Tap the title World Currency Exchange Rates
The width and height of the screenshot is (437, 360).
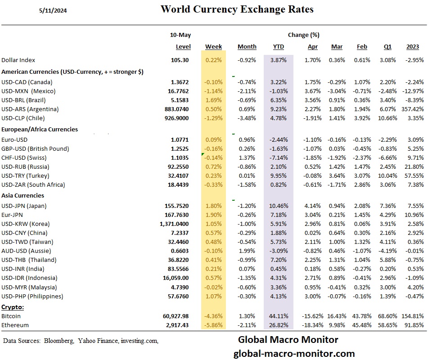tap(237, 9)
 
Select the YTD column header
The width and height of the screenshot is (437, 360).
tap(279, 47)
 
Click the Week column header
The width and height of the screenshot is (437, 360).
tap(213, 47)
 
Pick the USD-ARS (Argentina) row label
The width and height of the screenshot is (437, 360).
tap(30, 109)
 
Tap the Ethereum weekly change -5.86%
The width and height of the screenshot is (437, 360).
tap(213, 325)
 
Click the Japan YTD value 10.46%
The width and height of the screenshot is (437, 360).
tap(279, 206)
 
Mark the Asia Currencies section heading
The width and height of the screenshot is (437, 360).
tap(23, 196)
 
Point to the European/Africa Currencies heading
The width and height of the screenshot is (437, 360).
tap(40, 130)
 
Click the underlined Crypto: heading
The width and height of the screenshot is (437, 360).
tap(13, 307)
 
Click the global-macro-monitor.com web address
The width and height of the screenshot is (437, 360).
tap(294, 354)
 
